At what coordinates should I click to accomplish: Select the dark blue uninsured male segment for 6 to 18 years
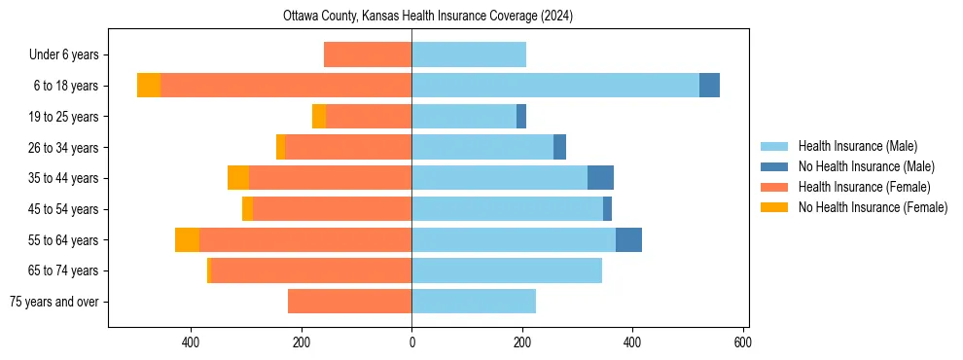point(709,86)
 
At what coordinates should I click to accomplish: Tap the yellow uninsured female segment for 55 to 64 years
point(187,239)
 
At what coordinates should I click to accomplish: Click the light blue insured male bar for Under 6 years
point(469,54)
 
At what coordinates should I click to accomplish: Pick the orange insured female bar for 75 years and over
point(349,302)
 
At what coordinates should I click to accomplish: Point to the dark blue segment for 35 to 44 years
point(600,178)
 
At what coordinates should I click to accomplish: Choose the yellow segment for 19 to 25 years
point(319,117)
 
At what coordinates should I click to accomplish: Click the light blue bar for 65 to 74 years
point(507,270)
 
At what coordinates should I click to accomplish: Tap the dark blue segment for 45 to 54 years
point(607,209)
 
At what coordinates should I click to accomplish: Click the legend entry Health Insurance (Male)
point(857,146)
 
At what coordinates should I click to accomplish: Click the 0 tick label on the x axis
point(411,342)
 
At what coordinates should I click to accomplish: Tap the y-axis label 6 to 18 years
point(65,86)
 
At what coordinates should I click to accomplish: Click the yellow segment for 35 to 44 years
point(238,178)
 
